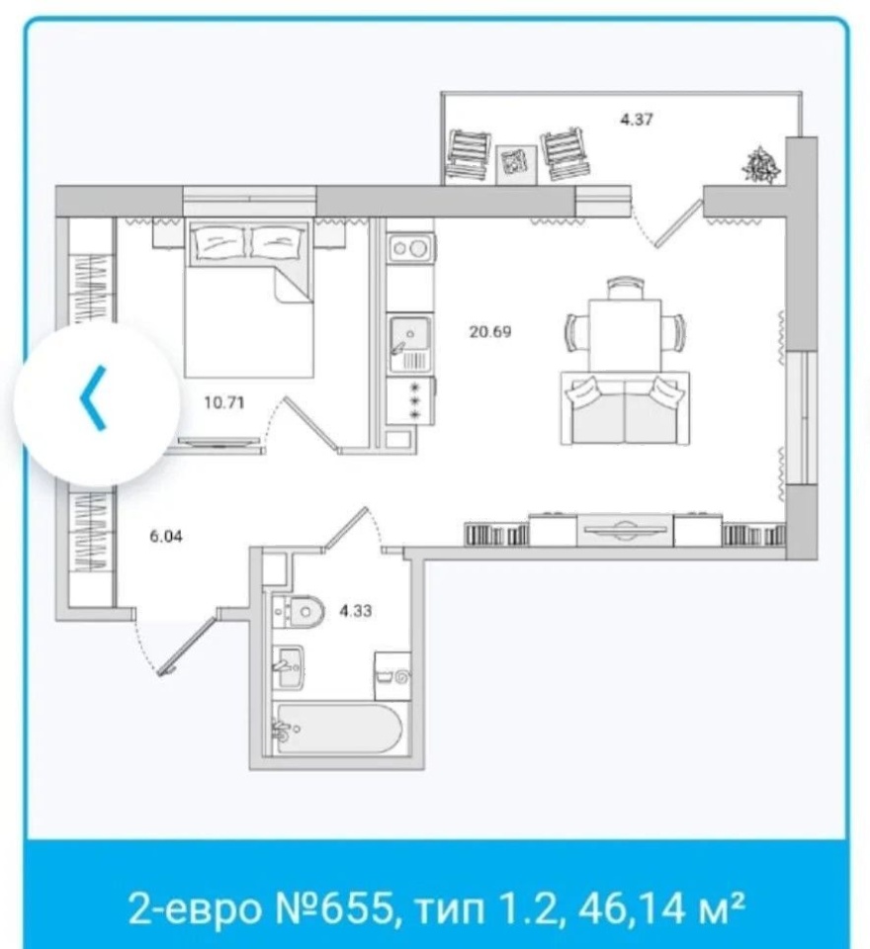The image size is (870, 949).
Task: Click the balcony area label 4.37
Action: point(637,120)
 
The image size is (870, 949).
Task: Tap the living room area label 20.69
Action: point(490,332)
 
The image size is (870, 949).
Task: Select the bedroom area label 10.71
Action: point(224,402)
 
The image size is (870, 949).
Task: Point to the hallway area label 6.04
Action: point(166,536)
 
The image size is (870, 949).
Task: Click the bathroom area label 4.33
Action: point(355,611)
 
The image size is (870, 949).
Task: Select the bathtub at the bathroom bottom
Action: point(338,729)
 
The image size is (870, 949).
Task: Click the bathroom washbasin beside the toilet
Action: point(288,667)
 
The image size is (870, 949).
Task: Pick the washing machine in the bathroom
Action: point(392,676)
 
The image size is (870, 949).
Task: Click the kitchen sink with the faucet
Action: point(410,344)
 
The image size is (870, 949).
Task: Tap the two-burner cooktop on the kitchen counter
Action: point(409,248)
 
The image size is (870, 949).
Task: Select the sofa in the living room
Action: point(625,408)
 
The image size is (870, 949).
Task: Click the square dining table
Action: point(625,335)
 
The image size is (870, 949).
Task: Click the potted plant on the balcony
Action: point(760,164)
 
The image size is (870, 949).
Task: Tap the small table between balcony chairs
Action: point(516,164)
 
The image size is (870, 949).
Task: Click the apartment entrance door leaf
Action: point(187,646)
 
